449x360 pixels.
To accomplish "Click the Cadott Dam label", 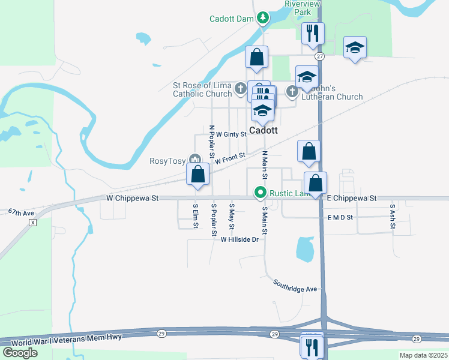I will tap(232, 19).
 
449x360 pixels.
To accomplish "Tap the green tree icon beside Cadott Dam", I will tap(262, 19).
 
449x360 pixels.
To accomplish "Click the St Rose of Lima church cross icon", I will tap(240, 89).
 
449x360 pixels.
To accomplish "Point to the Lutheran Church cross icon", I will tap(292, 91).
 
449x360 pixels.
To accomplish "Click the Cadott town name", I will tap(264, 130).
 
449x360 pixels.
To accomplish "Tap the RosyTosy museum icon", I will tap(194, 159).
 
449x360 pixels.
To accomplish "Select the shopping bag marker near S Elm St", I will tap(198, 175).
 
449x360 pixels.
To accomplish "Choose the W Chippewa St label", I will tap(132, 197).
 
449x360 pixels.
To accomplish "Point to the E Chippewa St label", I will tap(351, 197).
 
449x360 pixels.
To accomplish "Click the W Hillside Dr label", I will tap(239, 239).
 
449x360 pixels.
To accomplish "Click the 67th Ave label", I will tap(22, 212).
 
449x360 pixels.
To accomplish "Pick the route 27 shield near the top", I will tap(320, 56).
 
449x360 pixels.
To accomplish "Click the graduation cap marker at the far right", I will tap(355, 47).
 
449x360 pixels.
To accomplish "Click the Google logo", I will tap(20, 353).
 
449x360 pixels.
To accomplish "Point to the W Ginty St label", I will tap(231, 134).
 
